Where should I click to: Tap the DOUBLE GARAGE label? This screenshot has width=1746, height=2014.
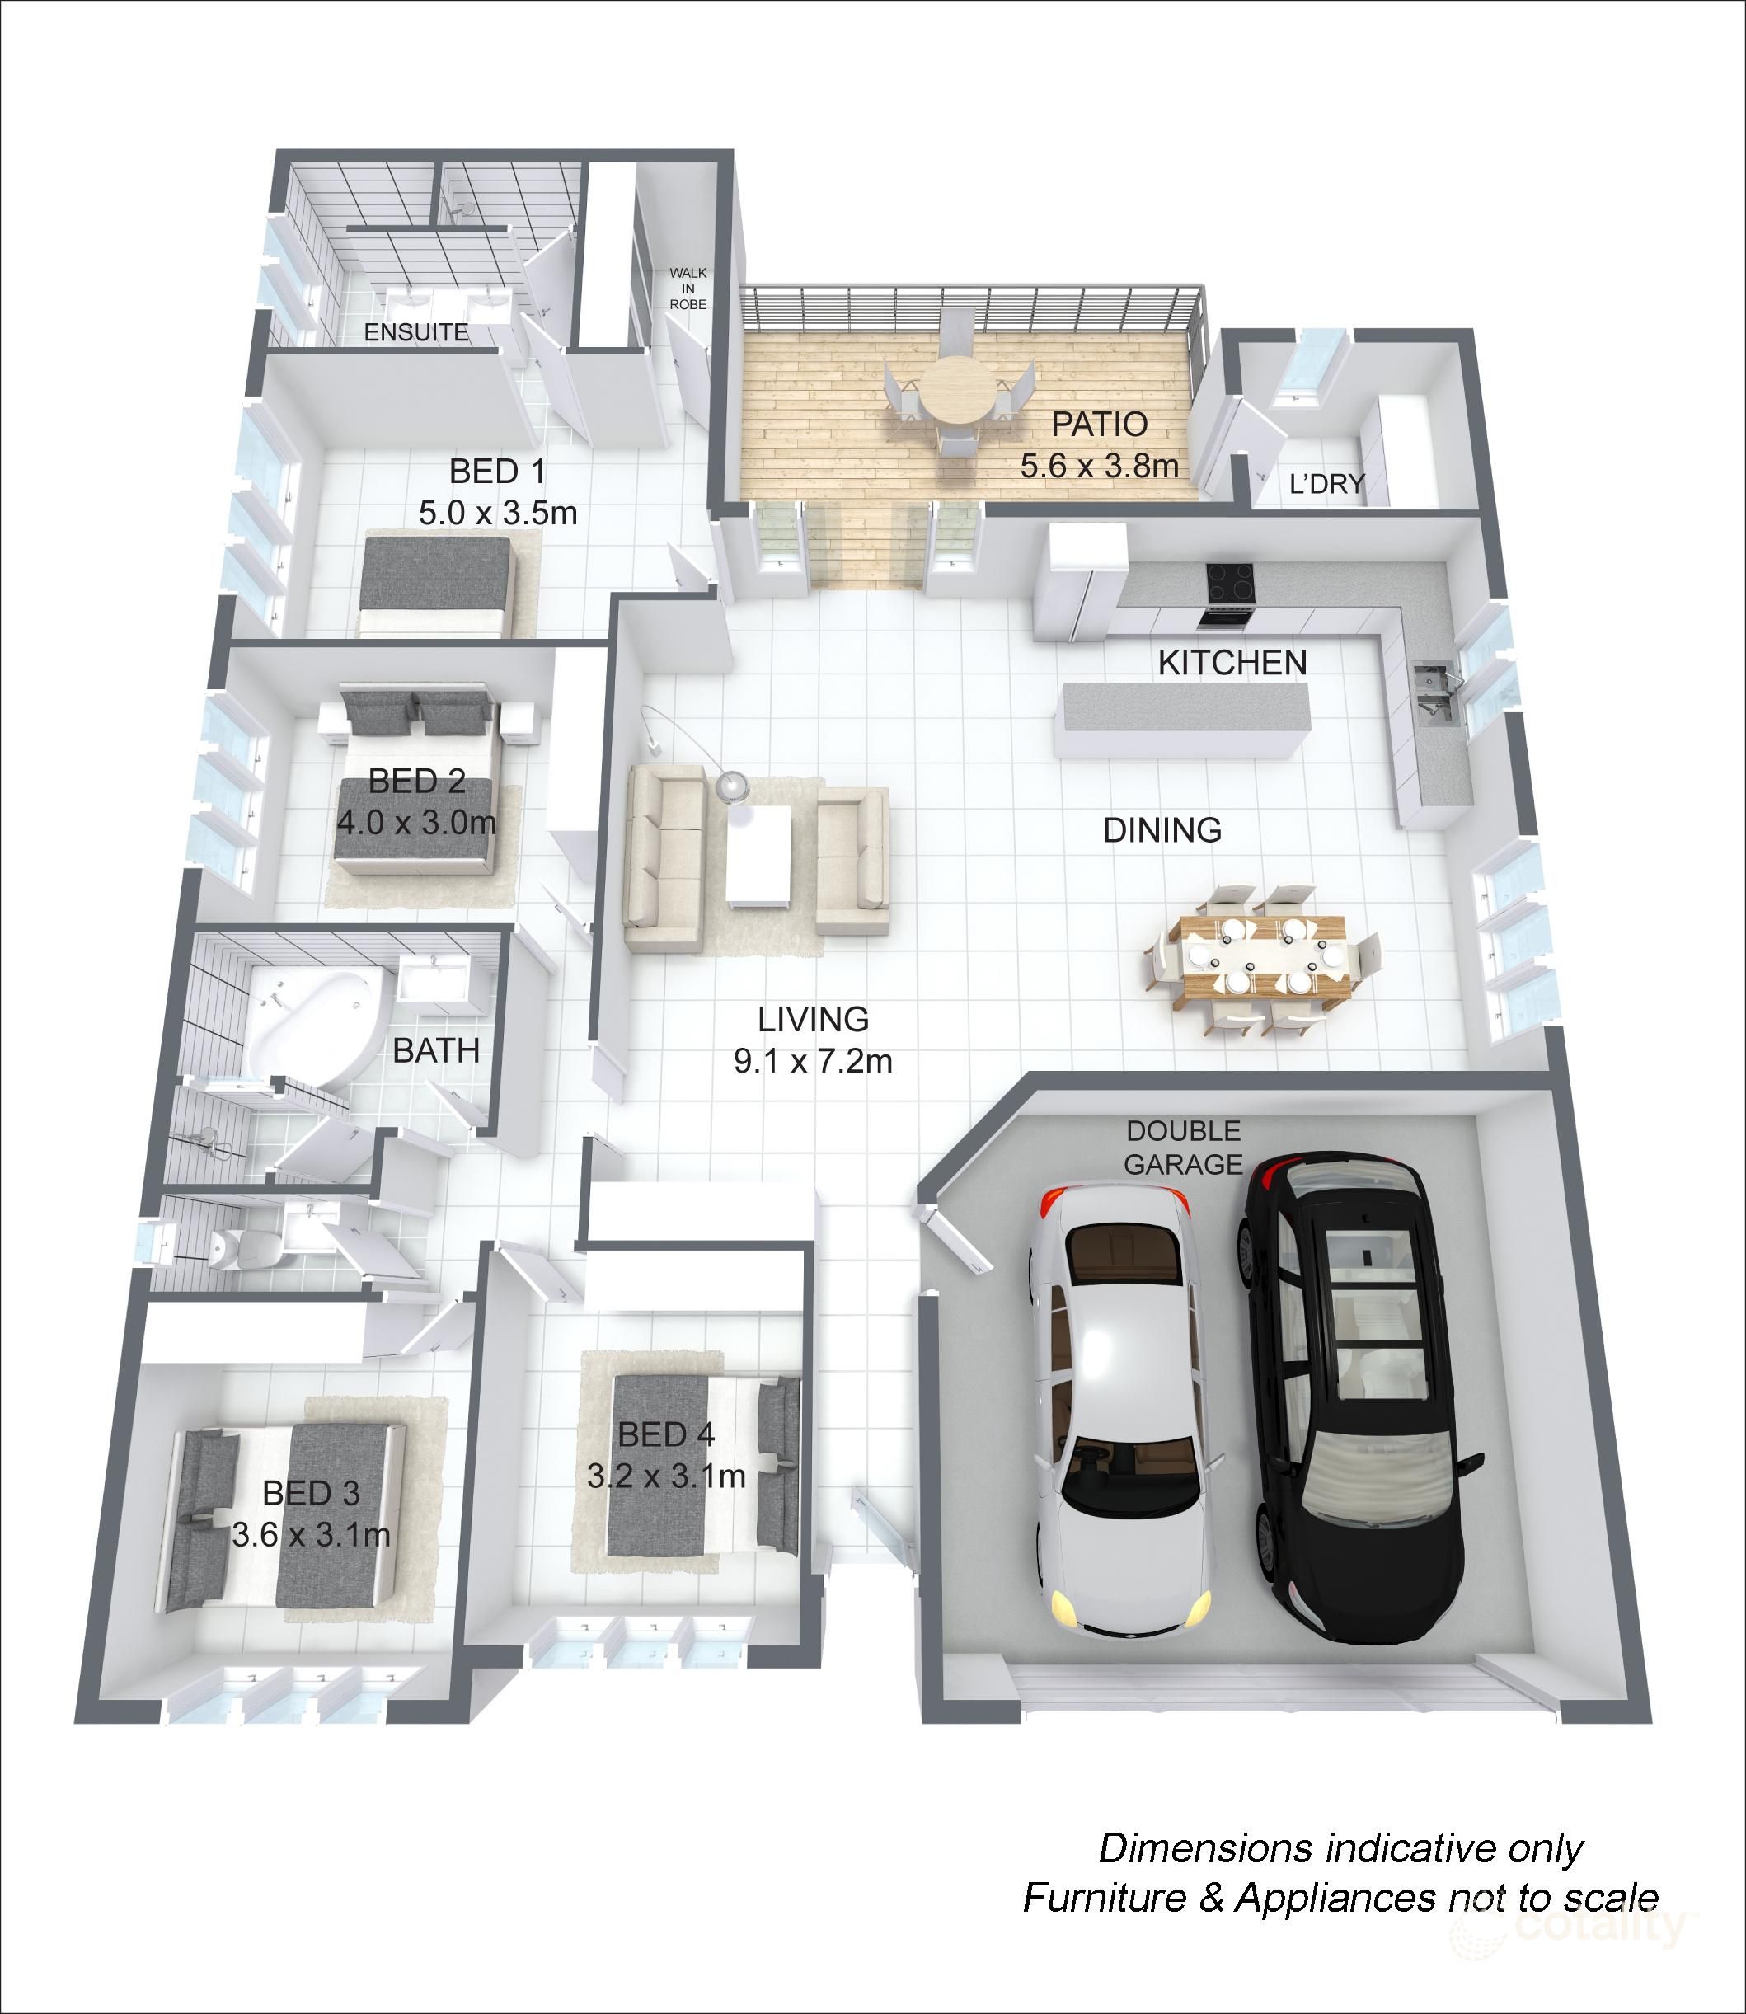coord(1183,1147)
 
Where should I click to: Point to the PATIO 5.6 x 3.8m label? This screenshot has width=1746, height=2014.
coord(1099,444)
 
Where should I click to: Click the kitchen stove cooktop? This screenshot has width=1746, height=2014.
coord(1230,583)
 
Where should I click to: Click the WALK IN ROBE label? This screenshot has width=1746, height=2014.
coord(688,289)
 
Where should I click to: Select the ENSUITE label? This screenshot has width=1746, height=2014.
coord(416,332)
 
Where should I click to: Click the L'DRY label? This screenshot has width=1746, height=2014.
coord(1326,483)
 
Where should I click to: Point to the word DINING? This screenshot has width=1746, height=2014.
coord(1162,830)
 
